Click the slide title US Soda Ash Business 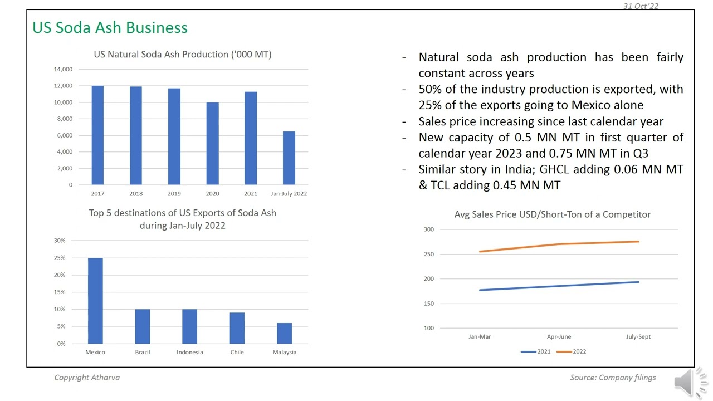(110, 27)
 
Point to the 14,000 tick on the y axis (63, 69)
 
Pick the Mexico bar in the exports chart (95, 301)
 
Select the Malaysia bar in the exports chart (284, 333)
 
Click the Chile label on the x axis (237, 352)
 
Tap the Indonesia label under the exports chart (190, 352)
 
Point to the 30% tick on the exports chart (60, 241)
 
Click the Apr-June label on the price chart (559, 336)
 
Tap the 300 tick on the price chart (428, 229)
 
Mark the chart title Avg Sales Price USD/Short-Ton (552, 214)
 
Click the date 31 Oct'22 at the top (641, 6)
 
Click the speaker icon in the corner (690, 383)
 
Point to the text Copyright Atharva (87, 378)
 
